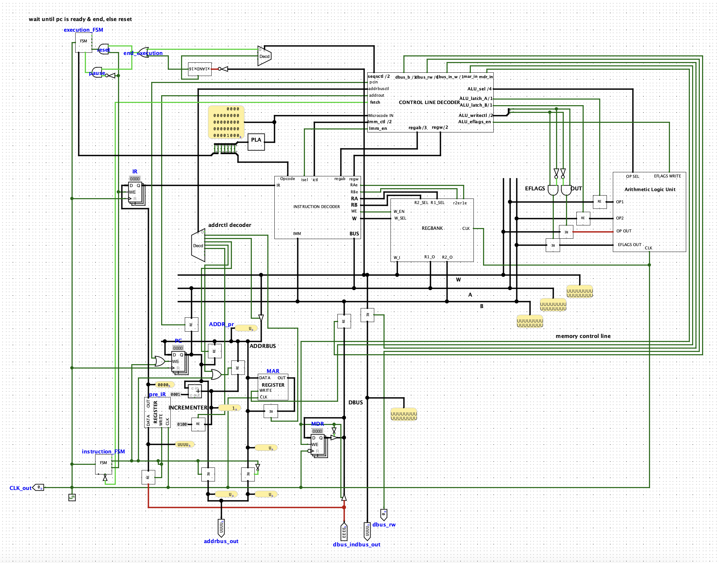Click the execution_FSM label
83,30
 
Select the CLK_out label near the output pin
20,488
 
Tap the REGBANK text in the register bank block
432,228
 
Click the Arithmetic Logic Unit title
650,189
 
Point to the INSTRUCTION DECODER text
316,207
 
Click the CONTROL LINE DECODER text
429,102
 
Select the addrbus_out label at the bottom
221,541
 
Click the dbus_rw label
384,524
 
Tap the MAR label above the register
273,371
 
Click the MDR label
317,424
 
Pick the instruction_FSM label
103,451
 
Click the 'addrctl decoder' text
230,225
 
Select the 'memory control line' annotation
583,336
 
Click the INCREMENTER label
188,407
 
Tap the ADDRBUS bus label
263,346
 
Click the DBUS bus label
355,402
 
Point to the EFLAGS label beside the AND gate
535,188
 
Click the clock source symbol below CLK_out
72,497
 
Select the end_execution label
143,53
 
